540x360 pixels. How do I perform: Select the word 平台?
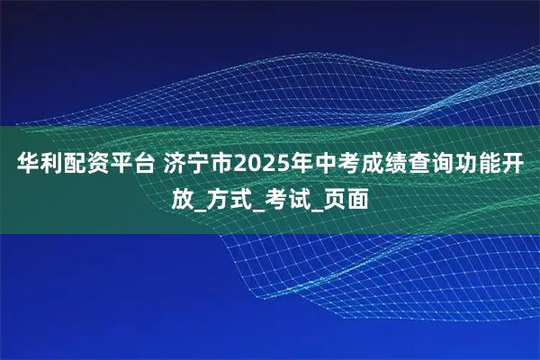125,166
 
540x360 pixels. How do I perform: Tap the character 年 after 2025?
300,166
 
